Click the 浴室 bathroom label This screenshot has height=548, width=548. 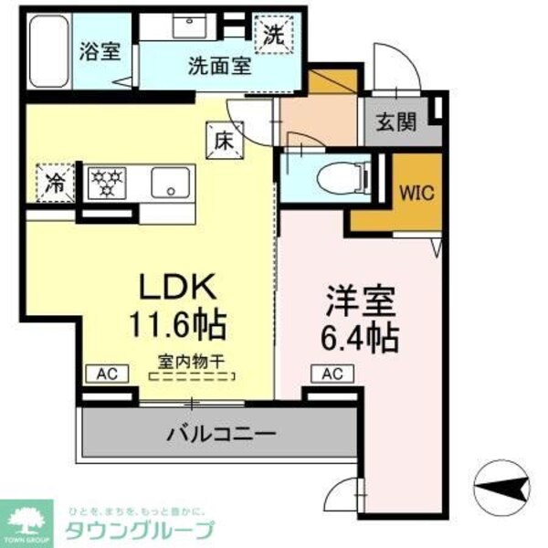(x=100, y=50)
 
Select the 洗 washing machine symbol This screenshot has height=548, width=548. (x=273, y=36)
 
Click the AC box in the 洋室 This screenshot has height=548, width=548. (x=332, y=374)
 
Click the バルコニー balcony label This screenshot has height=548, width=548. (x=221, y=433)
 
